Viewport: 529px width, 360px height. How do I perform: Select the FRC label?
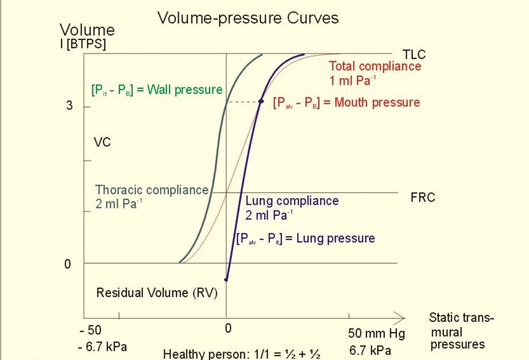tap(423, 197)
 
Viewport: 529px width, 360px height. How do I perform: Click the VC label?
tap(102, 143)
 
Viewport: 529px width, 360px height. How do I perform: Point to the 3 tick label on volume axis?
tap(70, 107)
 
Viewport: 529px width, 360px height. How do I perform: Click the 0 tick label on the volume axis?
tap(67, 264)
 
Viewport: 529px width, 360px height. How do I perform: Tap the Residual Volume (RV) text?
tap(157, 293)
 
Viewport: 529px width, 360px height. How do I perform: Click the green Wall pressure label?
tap(156, 90)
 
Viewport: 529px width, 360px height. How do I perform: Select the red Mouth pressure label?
tap(346, 103)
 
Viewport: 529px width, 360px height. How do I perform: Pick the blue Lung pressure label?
tap(305, 238)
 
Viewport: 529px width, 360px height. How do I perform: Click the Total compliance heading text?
tap(375, 67)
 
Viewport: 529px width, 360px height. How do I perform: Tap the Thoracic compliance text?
tap(152, 190)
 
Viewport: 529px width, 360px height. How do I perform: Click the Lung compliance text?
tap(292, 201)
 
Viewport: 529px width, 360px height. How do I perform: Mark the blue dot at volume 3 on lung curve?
tap(261, 102)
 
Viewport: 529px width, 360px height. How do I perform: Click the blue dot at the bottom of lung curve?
tap(227, 279)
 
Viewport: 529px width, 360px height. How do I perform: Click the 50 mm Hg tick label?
tap(376, 334)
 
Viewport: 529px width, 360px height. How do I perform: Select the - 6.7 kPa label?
tap(102, 347)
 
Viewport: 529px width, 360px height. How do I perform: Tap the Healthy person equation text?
tap(241, 354)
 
